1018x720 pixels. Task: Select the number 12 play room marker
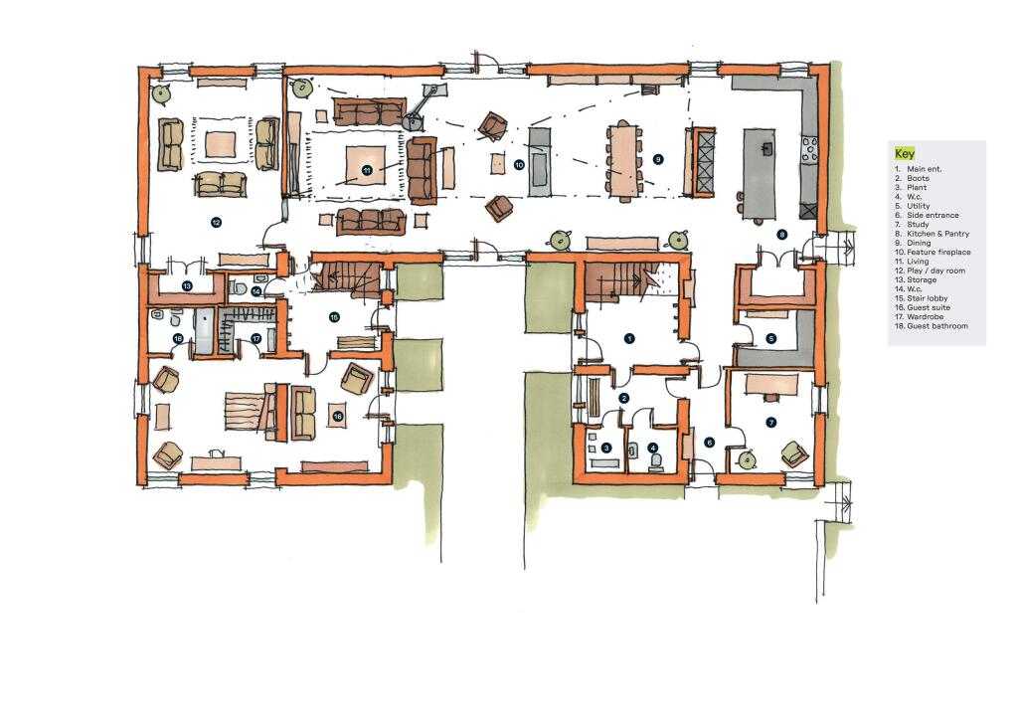216,223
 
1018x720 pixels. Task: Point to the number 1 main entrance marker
628,338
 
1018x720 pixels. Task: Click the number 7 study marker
770,422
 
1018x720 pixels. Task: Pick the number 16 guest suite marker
338,417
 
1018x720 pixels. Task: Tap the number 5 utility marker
770,338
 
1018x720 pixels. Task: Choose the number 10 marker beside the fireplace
519,164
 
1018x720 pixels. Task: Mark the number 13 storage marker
186,285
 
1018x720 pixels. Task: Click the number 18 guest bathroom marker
178,339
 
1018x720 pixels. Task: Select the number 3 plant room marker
605,449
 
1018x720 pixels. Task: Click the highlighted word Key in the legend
905,154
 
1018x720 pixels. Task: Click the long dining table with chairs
624,160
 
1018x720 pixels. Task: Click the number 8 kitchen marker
782,235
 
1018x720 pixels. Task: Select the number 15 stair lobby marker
334,317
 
